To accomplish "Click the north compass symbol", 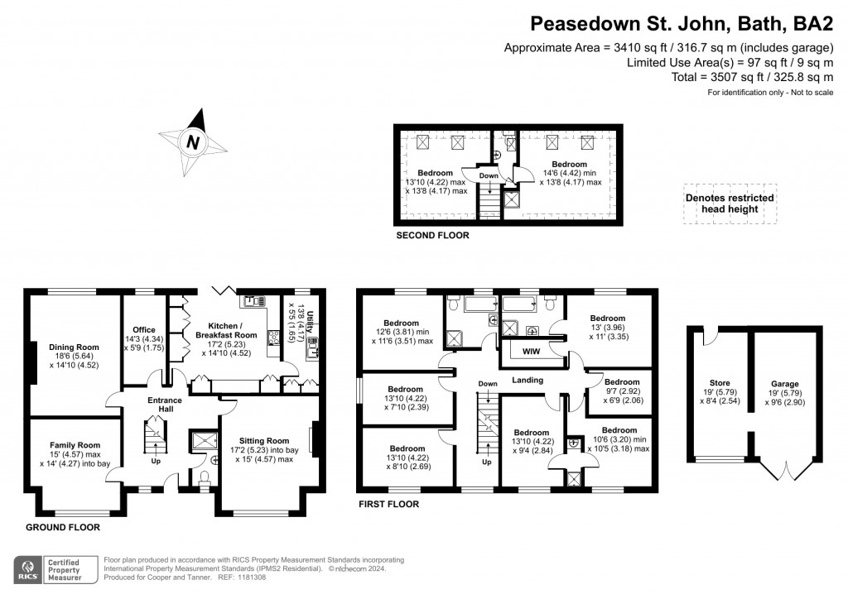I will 193,142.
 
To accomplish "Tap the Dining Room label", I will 74,347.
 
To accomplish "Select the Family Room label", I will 74,444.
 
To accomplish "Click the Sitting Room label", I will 264,440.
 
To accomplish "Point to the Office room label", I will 144,330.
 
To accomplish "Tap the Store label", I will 720,383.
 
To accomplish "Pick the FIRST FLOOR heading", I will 388,504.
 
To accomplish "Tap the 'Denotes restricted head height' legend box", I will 730,204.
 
